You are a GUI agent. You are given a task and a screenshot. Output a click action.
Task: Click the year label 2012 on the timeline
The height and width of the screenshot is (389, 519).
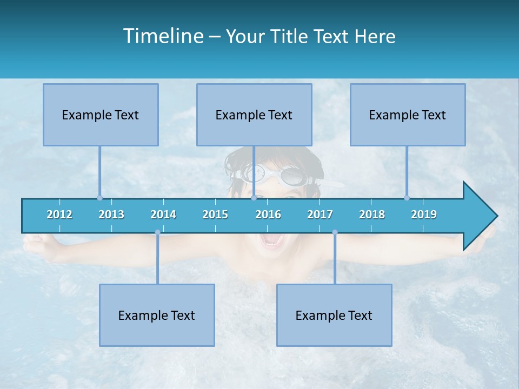[59, 214]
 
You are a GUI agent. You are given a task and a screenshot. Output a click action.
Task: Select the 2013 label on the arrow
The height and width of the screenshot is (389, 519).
[111, 214]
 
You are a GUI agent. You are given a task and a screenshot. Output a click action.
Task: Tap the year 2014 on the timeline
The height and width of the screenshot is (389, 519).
[163, 214]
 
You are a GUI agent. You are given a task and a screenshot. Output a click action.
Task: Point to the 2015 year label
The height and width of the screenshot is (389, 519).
[215, 214]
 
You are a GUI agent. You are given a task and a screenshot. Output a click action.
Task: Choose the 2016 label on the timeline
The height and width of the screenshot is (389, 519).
[268, 214]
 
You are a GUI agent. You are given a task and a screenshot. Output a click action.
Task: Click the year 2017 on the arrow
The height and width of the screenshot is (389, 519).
[320, 214]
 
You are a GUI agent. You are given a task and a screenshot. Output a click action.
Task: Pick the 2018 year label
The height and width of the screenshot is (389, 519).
[372, 214]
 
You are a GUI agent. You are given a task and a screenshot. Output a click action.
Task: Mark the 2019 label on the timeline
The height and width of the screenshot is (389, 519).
[424, 214]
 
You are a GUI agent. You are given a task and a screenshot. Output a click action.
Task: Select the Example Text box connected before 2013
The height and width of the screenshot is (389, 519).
[101, 115]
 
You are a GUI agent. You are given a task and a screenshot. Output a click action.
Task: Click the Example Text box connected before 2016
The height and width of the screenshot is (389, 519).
[254, 115]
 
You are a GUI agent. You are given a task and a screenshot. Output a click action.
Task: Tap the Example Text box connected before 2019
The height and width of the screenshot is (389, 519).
[408, 115]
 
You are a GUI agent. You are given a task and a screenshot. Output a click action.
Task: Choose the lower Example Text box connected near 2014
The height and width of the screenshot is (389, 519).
[157, 315]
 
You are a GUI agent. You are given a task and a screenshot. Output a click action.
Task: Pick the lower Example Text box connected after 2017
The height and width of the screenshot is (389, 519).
[334, 315]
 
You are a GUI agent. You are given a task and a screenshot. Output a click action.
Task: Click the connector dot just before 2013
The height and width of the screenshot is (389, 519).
[99, 198]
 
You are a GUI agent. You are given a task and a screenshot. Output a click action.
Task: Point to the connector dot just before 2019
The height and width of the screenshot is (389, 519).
[407, 198]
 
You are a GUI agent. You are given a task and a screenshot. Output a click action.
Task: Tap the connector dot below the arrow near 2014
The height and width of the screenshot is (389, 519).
[157, 232]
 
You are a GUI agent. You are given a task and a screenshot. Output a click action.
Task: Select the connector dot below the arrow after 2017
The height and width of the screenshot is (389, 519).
[335, 232]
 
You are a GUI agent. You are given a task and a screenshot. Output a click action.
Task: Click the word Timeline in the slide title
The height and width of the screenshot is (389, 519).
[162, 36]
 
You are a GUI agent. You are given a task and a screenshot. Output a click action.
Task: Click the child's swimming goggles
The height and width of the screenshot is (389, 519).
[276, 175]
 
